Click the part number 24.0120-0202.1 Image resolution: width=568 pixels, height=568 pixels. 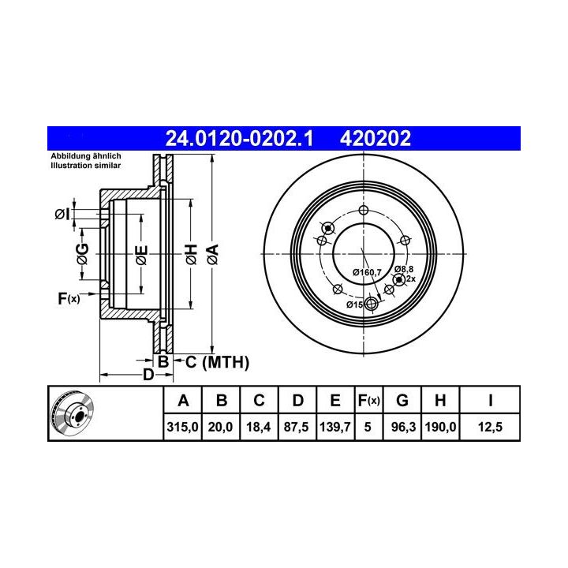pos(239,138)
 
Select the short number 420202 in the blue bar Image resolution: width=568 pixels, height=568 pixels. pos(376,138)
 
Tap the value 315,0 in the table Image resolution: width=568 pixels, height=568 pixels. pos(182,427)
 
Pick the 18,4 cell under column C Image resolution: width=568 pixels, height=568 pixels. pos(259,427)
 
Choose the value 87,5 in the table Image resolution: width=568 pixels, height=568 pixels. pos(297,427)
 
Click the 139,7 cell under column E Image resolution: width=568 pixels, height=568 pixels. pos(335,427)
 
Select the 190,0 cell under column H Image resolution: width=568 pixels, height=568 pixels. pos(440,427)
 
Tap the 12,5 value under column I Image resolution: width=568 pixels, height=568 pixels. pos(490,427)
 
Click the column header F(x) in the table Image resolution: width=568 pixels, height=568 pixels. pos(368,401)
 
